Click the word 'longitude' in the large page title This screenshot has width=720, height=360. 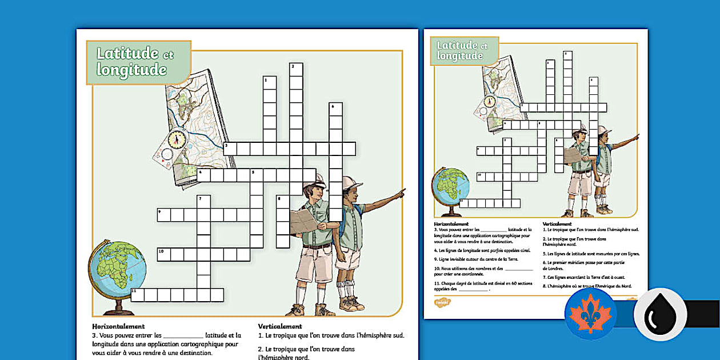point(131,70)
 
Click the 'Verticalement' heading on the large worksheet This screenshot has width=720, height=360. point(279,326)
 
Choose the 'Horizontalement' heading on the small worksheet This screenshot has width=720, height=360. point(451,224)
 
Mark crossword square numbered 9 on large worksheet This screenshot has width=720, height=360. point(163,215)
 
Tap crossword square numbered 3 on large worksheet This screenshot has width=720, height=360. point(230,149)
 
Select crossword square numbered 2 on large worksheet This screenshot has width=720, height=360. point(296,70)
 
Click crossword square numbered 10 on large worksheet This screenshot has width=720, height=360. point(163,254)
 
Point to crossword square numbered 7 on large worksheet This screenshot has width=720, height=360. point(203,202)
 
